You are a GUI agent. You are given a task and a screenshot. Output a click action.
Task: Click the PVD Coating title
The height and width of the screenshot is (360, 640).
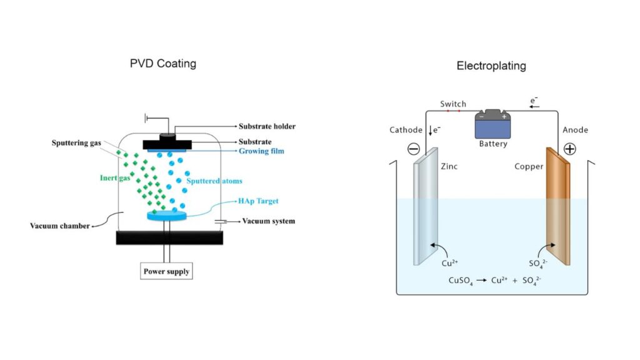coord(162,63)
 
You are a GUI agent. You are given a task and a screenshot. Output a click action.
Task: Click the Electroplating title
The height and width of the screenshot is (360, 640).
coord(491,66)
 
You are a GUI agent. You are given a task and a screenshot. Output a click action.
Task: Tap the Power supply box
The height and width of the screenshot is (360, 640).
coord(166,271)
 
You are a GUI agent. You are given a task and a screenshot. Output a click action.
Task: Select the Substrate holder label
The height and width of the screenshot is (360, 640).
coord(267,126)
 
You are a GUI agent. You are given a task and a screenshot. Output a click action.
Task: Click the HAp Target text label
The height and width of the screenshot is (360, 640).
coord(258,201)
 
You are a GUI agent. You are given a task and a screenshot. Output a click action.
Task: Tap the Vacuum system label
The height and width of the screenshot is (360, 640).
coord(268,221)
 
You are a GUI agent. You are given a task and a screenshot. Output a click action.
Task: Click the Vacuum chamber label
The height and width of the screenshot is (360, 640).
coord(60,226)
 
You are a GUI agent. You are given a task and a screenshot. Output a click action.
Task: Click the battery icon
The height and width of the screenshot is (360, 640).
coord(493,124)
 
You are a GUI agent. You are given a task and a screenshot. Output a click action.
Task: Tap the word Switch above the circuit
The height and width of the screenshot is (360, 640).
coord(453,104)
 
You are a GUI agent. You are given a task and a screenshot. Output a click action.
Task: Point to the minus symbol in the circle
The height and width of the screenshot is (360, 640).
coord(413,149)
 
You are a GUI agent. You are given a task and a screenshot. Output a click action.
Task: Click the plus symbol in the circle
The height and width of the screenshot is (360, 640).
coord(571,149)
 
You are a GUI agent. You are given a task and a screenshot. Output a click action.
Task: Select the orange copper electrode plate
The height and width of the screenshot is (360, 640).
coord(557,206)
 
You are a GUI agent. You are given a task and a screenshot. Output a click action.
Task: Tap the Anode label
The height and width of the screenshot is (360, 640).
coord(575,130)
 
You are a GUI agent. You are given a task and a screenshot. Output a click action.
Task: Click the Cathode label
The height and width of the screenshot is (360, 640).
coord(406,130)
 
